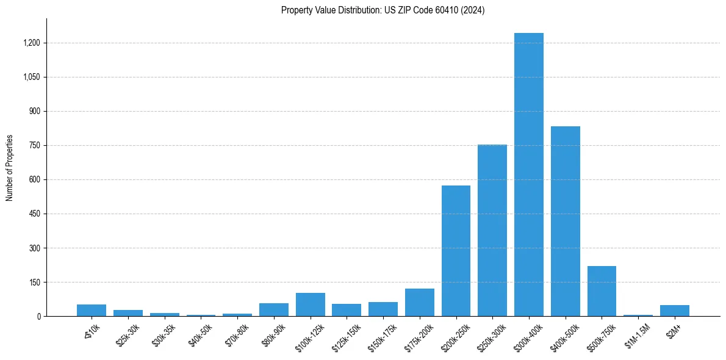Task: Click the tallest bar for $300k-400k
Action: pyautogui.click(x=528, y=175)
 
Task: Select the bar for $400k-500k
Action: pyautogui.click(x=565, y=221)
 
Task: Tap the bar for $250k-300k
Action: pyautogui.click(x=492, y=230)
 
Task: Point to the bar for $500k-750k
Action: pyautogui.click(x=602, y=291)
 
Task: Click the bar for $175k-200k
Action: pyautogui.click(x=419, y=302)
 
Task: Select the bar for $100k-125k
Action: pyautogui.click(x=310, y=304)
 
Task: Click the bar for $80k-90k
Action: pyautogui.click(x=273, y=309)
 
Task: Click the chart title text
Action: pyautogui.click(x=383, y=10)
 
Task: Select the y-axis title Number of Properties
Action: pyautogui.click(x=10, y=167)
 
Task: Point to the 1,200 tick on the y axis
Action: pyautogui.click(x=32, y=43)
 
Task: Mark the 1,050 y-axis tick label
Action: pyautogui.click(x=32, y=77)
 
